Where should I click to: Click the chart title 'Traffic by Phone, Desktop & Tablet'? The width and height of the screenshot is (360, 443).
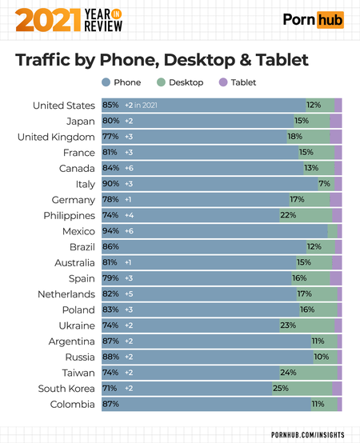162,61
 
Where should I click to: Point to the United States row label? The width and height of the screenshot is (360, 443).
64,106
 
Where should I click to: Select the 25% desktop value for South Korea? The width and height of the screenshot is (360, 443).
280,388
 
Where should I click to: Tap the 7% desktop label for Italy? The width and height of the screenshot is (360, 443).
324,184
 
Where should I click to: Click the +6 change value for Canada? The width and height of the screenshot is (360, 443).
129,168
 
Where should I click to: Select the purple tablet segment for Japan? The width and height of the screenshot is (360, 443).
335,121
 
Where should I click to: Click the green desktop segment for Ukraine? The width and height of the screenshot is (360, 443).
307,325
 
